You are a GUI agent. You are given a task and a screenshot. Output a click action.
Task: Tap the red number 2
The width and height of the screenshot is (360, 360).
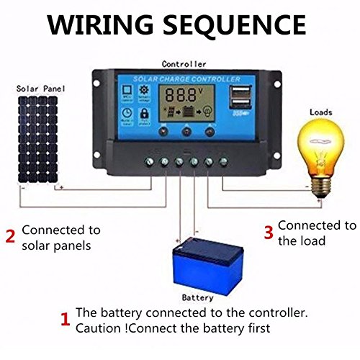10,235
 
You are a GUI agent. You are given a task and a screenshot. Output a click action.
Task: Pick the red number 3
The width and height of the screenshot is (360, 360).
267,232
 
